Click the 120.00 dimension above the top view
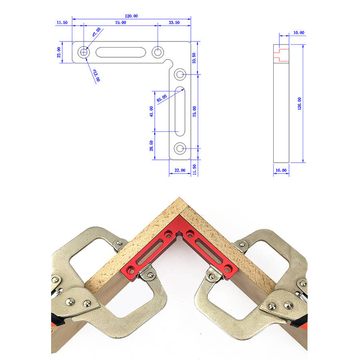point(131,16)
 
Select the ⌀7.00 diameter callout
point(96,32)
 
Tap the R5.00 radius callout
point(162,98)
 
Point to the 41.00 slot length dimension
point(151,111)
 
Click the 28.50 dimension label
point(151,146)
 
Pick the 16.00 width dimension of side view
point(281,170)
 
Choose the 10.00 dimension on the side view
point(299,33)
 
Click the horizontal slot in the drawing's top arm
point(120,52)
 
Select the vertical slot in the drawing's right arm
point(180,111)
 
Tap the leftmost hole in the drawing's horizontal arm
point(84,52)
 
